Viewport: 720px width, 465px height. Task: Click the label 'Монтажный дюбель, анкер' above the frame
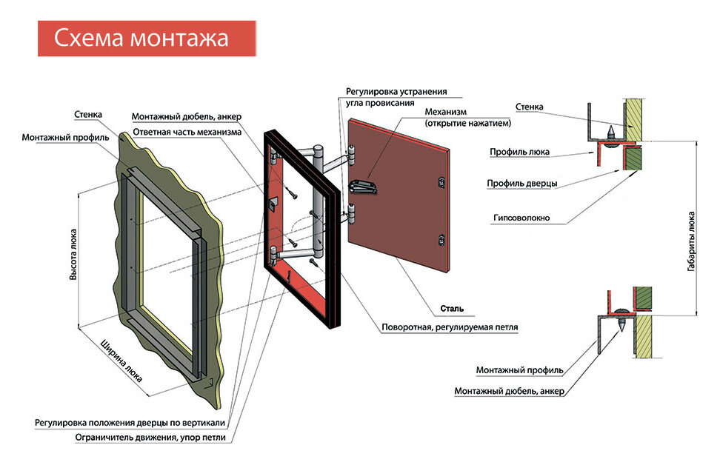[x=186, y=117]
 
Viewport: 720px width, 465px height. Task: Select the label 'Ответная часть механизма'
[x=187, y=132]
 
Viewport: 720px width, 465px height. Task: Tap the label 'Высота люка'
[x=73, y=253]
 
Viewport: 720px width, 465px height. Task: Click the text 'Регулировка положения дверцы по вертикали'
[x=130, y=422]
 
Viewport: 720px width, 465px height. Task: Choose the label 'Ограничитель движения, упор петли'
[x=150, y=437]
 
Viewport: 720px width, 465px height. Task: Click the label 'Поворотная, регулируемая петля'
[x=450, y=327]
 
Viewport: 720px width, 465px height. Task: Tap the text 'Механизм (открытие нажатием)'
[x=467, y=117]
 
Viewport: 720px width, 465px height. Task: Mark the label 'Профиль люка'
[x=519, y=152]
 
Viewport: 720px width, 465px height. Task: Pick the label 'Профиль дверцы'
[x=522, y=183]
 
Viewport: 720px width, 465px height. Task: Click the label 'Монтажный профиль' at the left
[x=65, y=138]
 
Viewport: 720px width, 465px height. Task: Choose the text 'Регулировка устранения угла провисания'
[x=396, y=97]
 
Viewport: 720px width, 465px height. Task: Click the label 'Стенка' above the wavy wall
[x=88, y=115]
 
